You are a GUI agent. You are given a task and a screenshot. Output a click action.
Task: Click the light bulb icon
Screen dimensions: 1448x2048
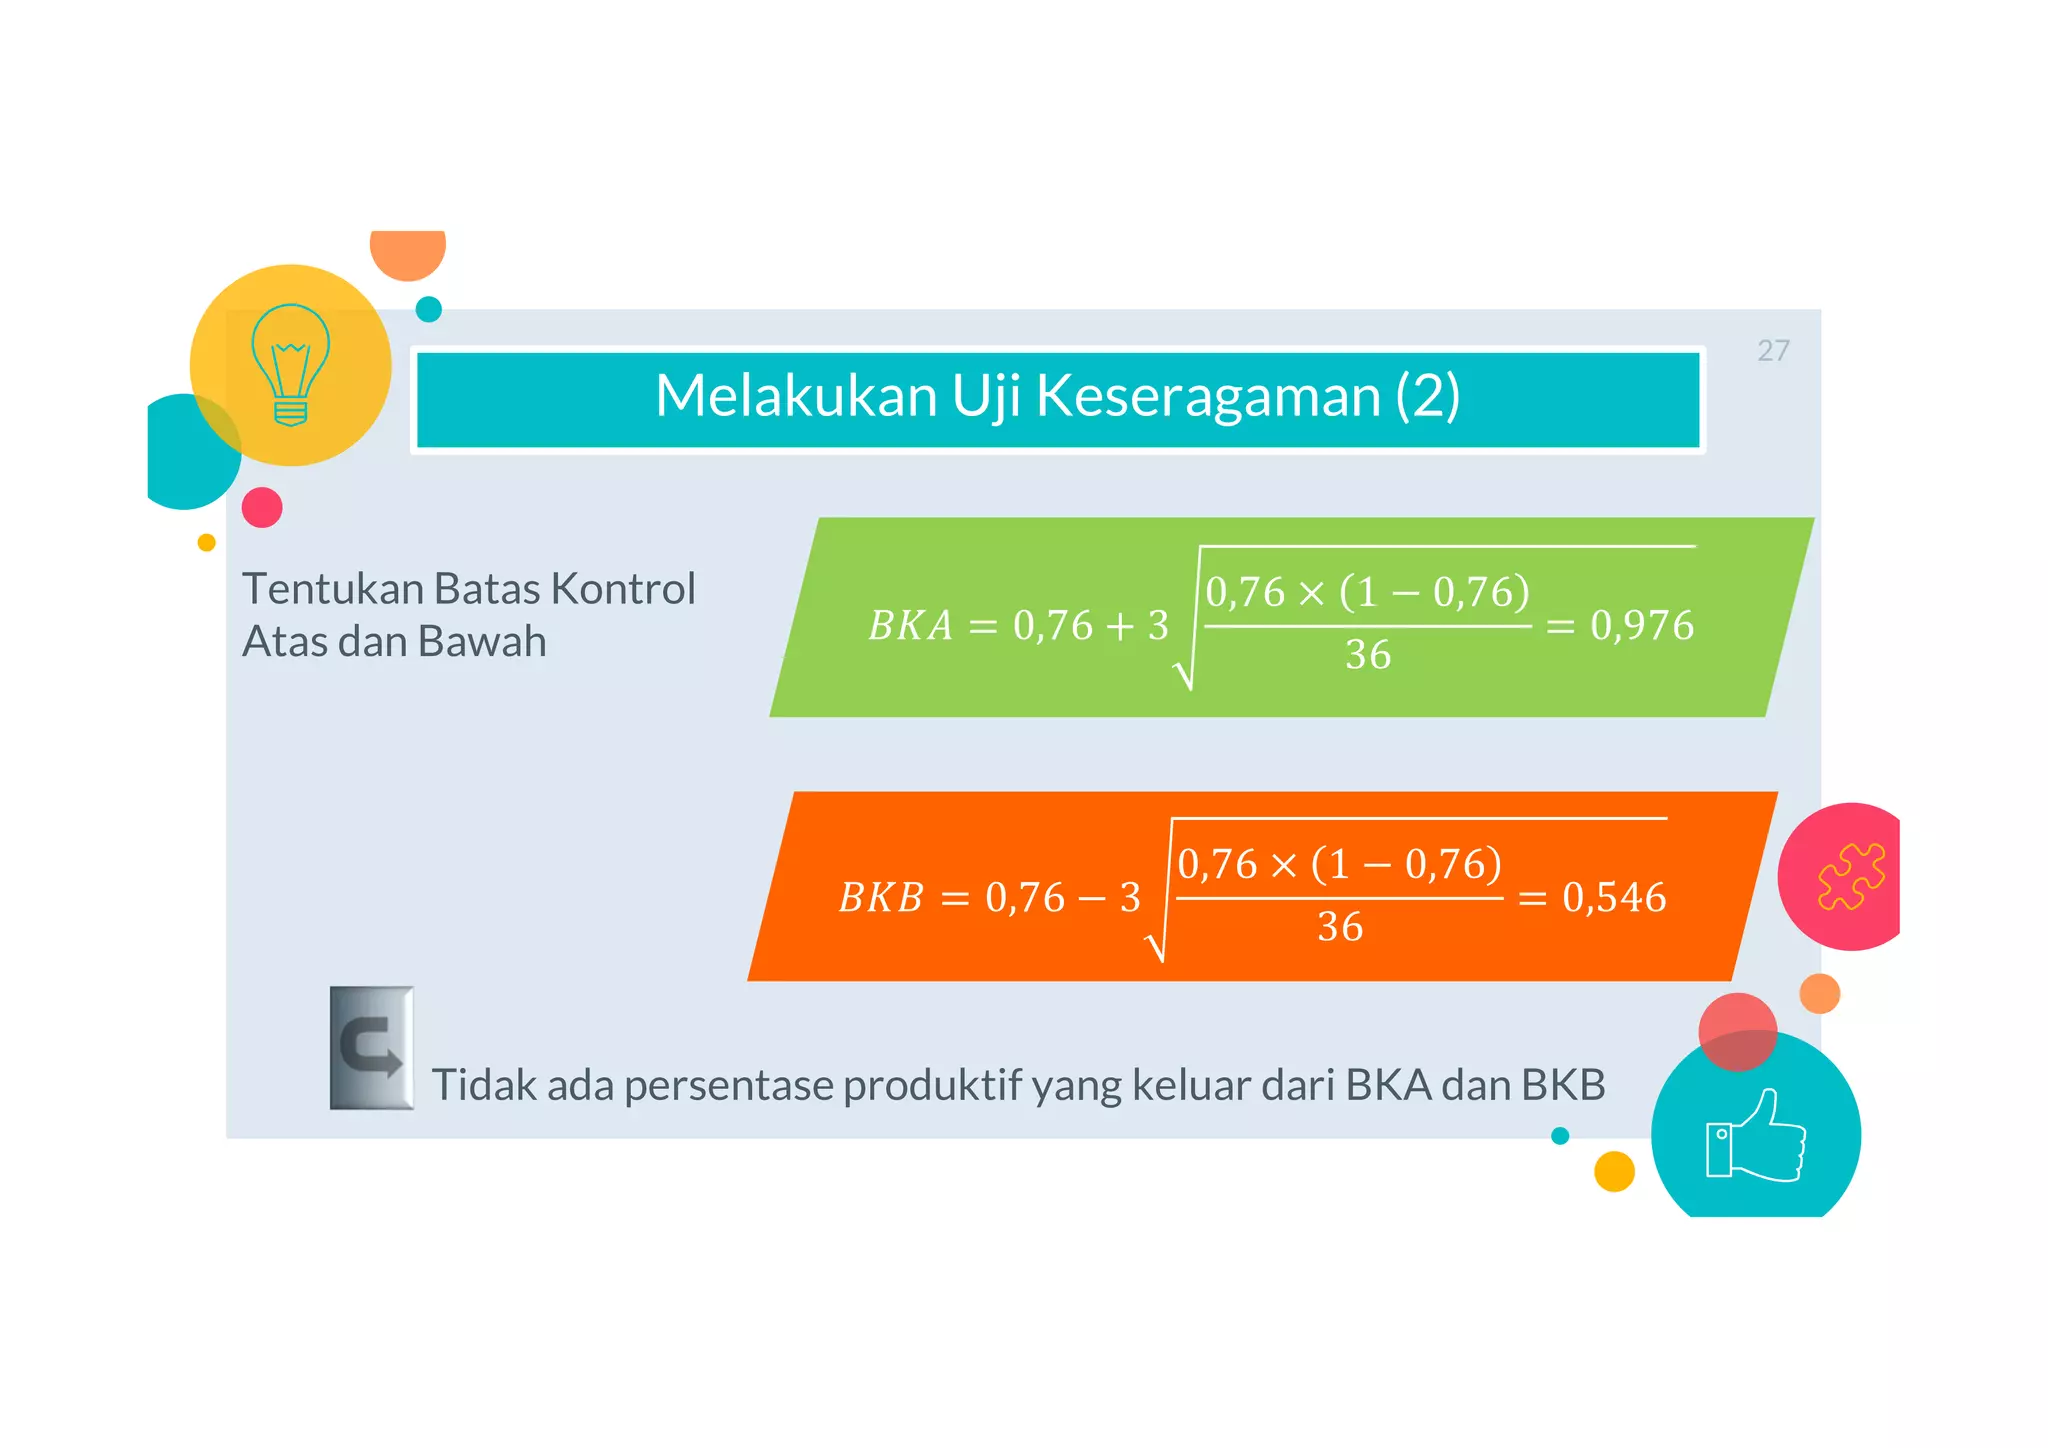click(290, 365)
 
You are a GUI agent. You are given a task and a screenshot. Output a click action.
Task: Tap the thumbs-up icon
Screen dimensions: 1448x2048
click(1755, 1138)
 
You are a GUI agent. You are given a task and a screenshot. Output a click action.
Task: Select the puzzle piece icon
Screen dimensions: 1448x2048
click(1851, 876)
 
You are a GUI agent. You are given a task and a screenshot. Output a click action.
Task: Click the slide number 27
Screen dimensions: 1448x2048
click(1773, 351)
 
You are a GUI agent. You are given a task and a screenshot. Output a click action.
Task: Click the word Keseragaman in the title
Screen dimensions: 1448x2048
click(1208, 396)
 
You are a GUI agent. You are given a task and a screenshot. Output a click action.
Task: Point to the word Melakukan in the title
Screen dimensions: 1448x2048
click(796, 396)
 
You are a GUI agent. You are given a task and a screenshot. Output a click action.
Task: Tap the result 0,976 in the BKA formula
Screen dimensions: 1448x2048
click(1642, 626)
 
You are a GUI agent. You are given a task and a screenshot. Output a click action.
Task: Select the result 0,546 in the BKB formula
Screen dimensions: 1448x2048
click(1614, 898)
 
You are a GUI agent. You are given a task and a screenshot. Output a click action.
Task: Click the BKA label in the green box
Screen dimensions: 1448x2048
click(910, 626)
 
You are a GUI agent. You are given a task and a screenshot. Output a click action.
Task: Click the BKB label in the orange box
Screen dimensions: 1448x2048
click(881, 898)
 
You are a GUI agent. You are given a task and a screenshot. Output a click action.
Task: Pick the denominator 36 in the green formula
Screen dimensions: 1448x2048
click(1367, 656)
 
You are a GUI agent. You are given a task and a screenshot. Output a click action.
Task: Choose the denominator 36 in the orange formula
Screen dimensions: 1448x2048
click(1339, 928)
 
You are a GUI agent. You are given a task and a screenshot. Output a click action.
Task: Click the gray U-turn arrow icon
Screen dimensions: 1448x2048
click(372, 1048)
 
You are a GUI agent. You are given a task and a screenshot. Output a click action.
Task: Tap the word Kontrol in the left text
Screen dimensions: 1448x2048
click(623, 589)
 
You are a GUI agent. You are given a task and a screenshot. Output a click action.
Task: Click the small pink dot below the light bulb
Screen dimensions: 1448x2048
click(262, 508)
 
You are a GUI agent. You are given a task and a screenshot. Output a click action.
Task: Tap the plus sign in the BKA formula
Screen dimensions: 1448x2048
click(1120, 627)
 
